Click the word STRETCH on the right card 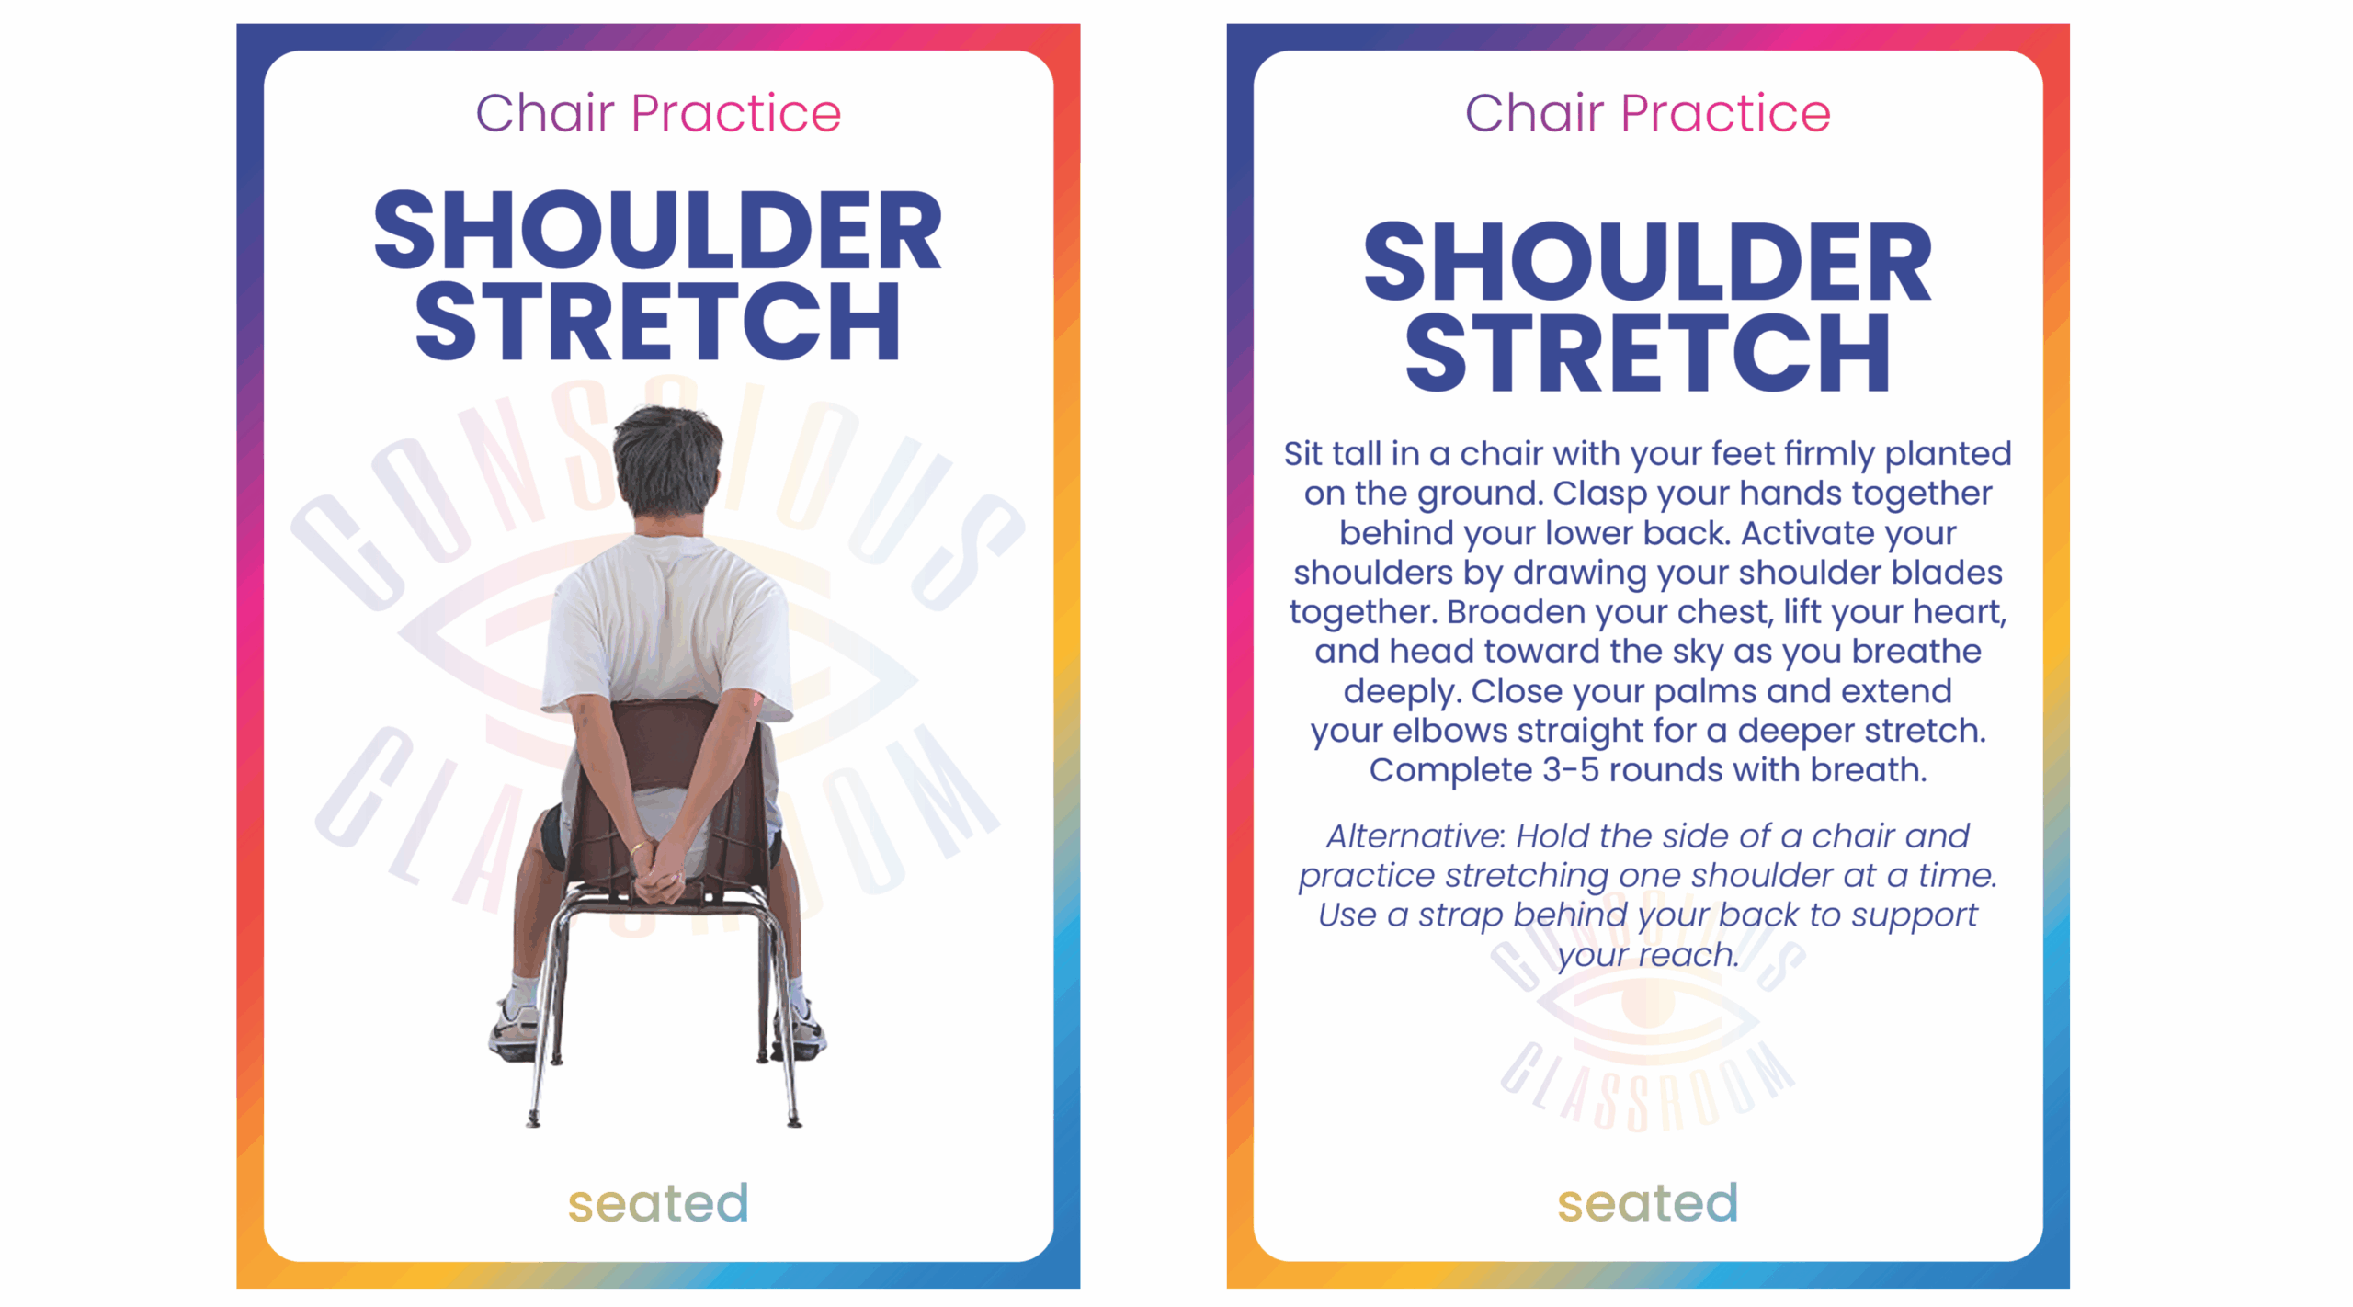[x=1648, y=352]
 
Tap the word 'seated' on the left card [x=658, y=1203]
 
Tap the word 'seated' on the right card [x=1648, y=1203]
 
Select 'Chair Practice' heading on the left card [x=658, y=113]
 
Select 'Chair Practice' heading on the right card [x=1648, y=113]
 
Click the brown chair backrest [x=668, y=744]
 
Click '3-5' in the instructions [x=1570, y=770]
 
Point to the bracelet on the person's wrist [x=637, y=848]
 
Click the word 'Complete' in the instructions [x=1451, y=771]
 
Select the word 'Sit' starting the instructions [x=1303, y=454]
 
